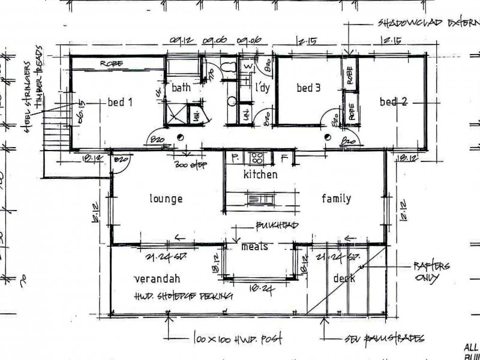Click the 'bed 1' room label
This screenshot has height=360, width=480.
[x=119, y=102]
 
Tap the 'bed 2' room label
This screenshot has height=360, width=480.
[x=393, y=101]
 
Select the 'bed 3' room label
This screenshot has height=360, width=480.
[x=308, y=88]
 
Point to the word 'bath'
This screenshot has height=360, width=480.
[x=181, y=88]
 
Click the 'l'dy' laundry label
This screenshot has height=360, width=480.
[x=262, y=88]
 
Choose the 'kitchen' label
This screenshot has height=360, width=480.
[x=260, y=175]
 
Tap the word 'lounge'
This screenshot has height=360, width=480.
[x=166, y=199]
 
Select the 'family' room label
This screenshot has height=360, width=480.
[x=336, y=199]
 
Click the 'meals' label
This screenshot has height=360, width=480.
[x=254, y=247]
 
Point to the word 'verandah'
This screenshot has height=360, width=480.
[x=158, y=278]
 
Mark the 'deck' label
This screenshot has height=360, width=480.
[x=344, y=278]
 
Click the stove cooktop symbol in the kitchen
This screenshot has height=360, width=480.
[x=256, y=158]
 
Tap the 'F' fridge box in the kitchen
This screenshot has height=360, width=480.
[x=286, y=158]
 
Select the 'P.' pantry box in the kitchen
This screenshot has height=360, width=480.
[x=234, y=158]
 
